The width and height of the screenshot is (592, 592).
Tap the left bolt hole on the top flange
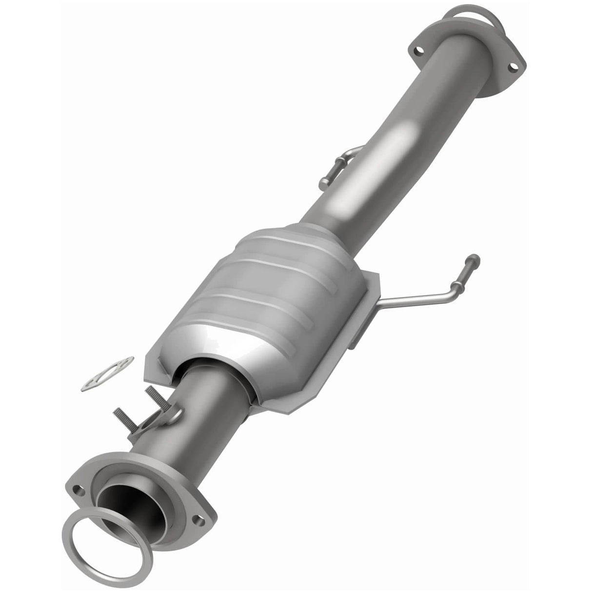pos(418,50)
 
